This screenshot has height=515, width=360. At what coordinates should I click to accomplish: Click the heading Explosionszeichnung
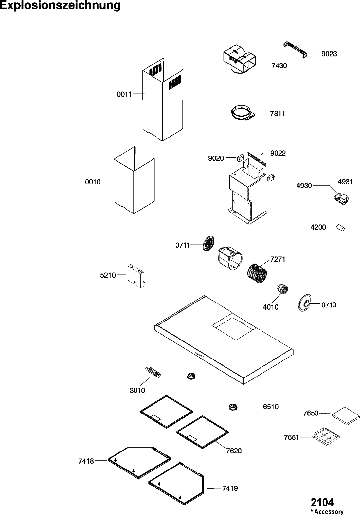click(60, 6)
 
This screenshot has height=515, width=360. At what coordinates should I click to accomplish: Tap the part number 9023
click(329, 54)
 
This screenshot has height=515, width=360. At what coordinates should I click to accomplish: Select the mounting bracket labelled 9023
click(295, 49)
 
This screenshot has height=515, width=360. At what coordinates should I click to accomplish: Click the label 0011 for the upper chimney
click(124, 94)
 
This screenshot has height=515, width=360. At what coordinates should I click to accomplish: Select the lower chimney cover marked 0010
click(134, 180)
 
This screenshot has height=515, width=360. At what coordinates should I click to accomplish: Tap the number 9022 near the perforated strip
click(278, 153)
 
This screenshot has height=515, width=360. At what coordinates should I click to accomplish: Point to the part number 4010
click(270, 307)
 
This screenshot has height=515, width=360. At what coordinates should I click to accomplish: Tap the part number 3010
click(137, 390)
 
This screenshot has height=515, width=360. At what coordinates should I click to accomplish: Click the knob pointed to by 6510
click(233, 407)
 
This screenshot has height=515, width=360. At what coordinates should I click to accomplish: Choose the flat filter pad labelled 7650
click(346, 416)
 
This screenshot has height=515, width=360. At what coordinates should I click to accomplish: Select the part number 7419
click(230, 488)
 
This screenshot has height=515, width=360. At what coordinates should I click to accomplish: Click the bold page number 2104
click(322, 502)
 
